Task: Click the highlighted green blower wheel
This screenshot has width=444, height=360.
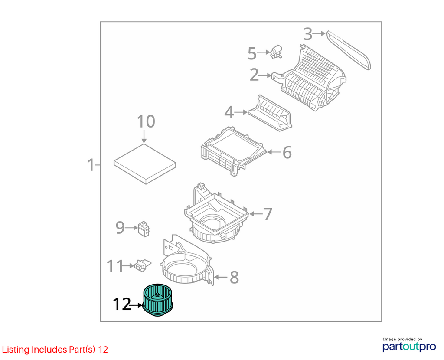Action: click(x=158, y=300)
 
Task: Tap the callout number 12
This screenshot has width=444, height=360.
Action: click(x=122, y=304)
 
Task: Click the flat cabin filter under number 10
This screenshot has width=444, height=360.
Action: click(x=145, y=164)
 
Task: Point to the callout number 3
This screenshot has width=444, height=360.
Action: click(x=308, y=34)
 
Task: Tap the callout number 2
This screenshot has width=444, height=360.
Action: click(x=254, y=75)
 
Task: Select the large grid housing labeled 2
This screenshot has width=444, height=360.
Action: click(x=309, y=78)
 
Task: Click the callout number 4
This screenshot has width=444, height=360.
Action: click(x=229, y=112)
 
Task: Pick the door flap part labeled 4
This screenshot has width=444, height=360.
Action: click(x=270, y=113)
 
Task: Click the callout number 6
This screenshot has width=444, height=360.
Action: click(x=287, y=152)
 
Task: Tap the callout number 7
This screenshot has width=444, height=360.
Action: click(x=268, y=214)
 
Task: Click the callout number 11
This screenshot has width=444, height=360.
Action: click(x=115, y=266)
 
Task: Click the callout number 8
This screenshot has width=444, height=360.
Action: click(x=234, y=277)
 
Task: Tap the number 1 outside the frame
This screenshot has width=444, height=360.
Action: click(x=91, y=165)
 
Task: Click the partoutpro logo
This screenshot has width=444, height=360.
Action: click(x=409, y=345)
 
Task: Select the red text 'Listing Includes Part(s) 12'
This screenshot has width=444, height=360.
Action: click(x=55, y=350)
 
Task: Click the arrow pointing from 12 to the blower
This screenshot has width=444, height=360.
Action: click(x=136, y=305)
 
